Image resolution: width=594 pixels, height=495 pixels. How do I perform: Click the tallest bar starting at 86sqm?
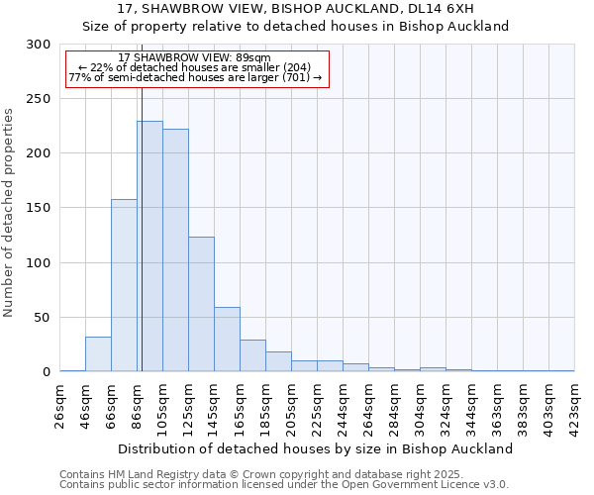[x=149, y=247]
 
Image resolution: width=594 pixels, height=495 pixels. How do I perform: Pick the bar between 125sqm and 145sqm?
[x=201, y=304]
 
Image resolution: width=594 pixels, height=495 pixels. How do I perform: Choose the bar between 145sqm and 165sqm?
[x=227, y=340]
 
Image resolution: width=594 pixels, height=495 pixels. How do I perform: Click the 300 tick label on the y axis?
[x=39, y=45]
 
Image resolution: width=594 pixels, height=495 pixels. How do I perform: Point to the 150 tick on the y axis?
[x=39, y=208]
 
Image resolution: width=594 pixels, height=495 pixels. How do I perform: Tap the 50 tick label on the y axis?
[x=43, y=318]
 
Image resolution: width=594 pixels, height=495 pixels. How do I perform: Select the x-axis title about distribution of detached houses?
[x=317, y=448]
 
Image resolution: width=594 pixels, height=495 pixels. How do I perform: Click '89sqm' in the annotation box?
[x=252, y=57]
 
